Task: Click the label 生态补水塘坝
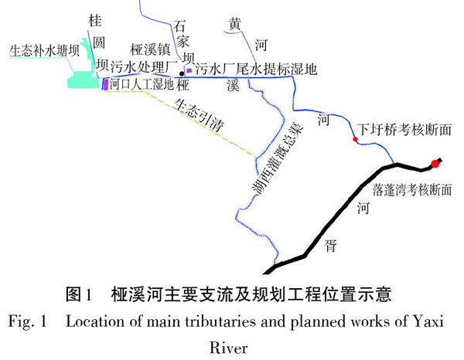(x=44, y=51)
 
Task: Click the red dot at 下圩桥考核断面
(x=355, y=140)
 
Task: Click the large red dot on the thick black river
(x=435, y=163)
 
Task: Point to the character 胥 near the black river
(x=331, y=244)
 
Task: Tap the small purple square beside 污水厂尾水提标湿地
(x=189, y=70)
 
